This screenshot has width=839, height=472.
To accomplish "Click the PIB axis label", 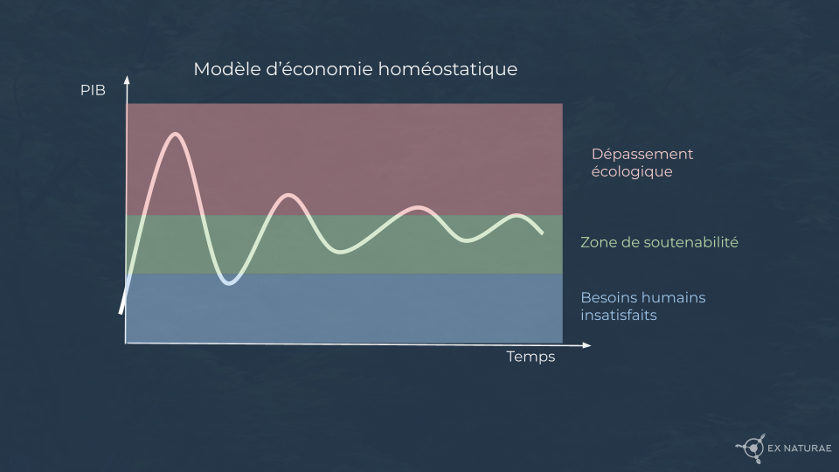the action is (93, 90).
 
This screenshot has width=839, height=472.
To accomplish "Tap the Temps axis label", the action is (530, 357).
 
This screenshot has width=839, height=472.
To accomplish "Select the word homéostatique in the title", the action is (447, 70).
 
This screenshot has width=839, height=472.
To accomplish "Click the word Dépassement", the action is (642, 154).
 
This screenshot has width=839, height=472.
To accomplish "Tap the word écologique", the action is (632, 172).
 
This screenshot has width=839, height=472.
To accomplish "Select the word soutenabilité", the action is (690, 242).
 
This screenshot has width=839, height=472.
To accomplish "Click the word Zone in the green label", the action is (597, 242).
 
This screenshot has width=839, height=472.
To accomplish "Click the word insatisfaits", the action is (619, 316).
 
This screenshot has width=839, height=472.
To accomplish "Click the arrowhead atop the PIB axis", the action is (127, 80).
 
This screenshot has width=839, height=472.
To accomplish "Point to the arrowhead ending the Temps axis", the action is (586, 346).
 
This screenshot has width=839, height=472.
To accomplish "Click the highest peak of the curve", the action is (175, 134).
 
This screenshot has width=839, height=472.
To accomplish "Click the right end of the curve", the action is (542, 233).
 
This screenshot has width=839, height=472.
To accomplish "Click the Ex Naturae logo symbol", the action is (752, 448).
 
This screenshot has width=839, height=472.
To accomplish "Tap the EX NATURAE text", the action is (800, 448).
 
